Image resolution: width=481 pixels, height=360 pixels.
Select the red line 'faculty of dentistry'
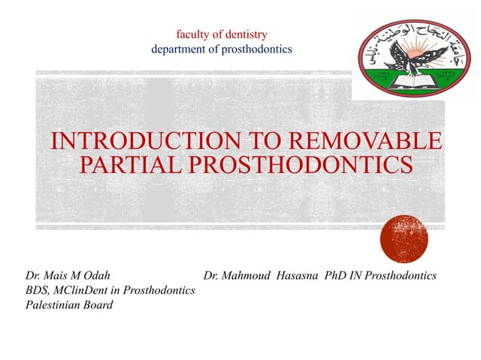coord(221,34)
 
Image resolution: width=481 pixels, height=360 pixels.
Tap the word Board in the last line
coord(98,304)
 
